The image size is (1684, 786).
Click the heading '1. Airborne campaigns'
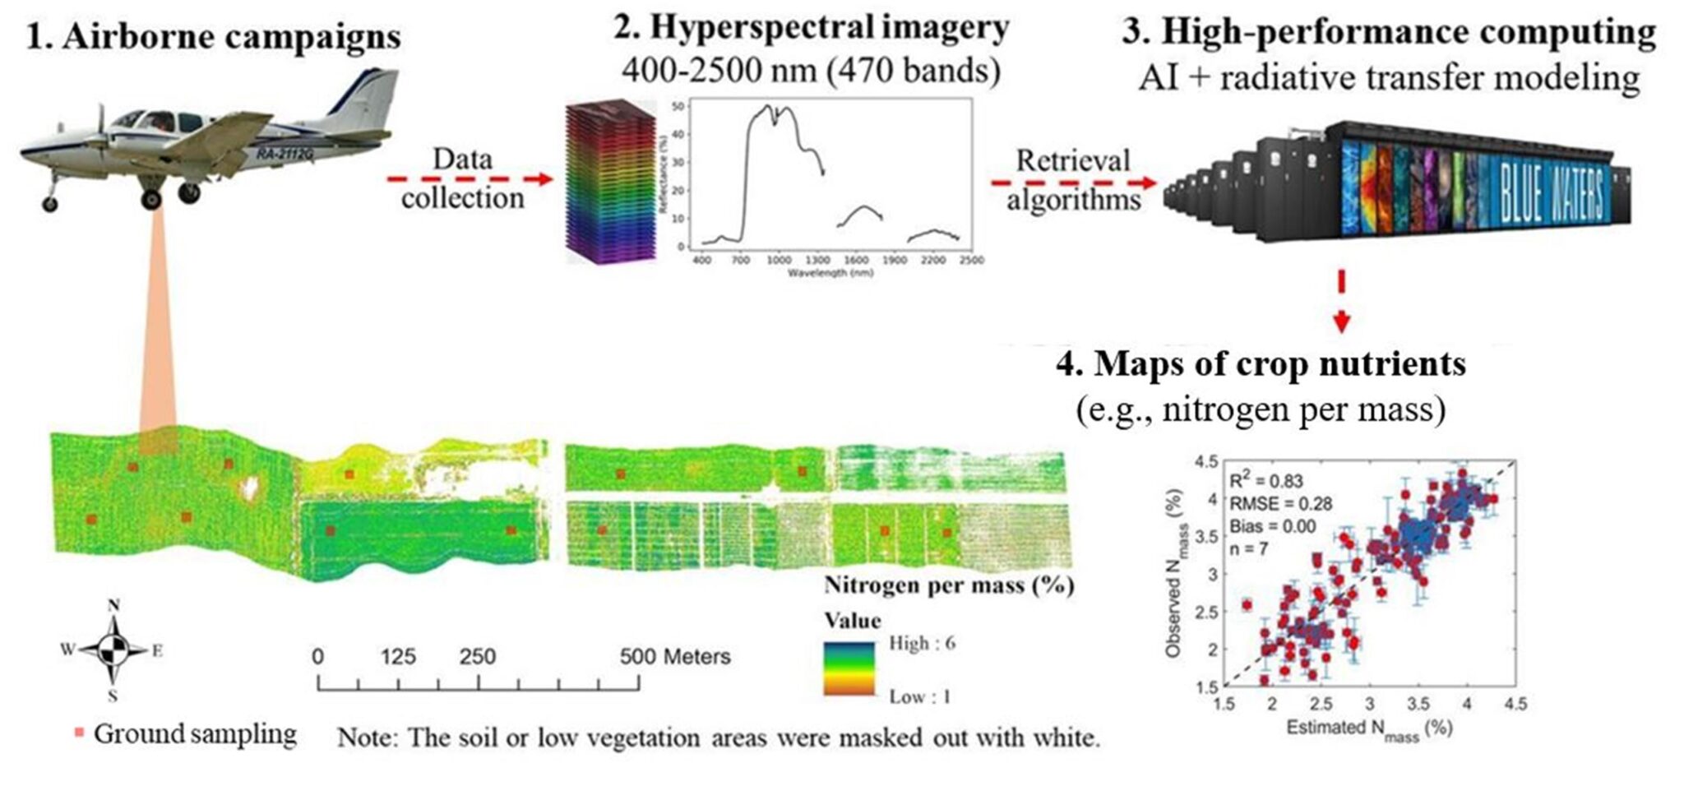tap(214, 37)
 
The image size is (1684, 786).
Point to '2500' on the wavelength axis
tap(971, 260)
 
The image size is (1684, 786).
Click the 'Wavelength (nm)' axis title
tap(830, 272)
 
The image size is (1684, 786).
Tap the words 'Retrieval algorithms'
tap(1073, 180)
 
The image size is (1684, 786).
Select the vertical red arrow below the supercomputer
tap(1341, 301)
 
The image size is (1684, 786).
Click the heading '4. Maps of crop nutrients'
tap(1261, 363)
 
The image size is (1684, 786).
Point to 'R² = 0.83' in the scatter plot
tap(1266, 481)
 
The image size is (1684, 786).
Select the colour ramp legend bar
tap(849, 668)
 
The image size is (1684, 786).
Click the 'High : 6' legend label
tap(922, 643)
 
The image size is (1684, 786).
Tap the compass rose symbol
tap(113, 650)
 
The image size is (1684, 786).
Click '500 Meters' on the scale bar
tap(674, 656)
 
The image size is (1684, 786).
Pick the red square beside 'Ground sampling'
tap(80, 733)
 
